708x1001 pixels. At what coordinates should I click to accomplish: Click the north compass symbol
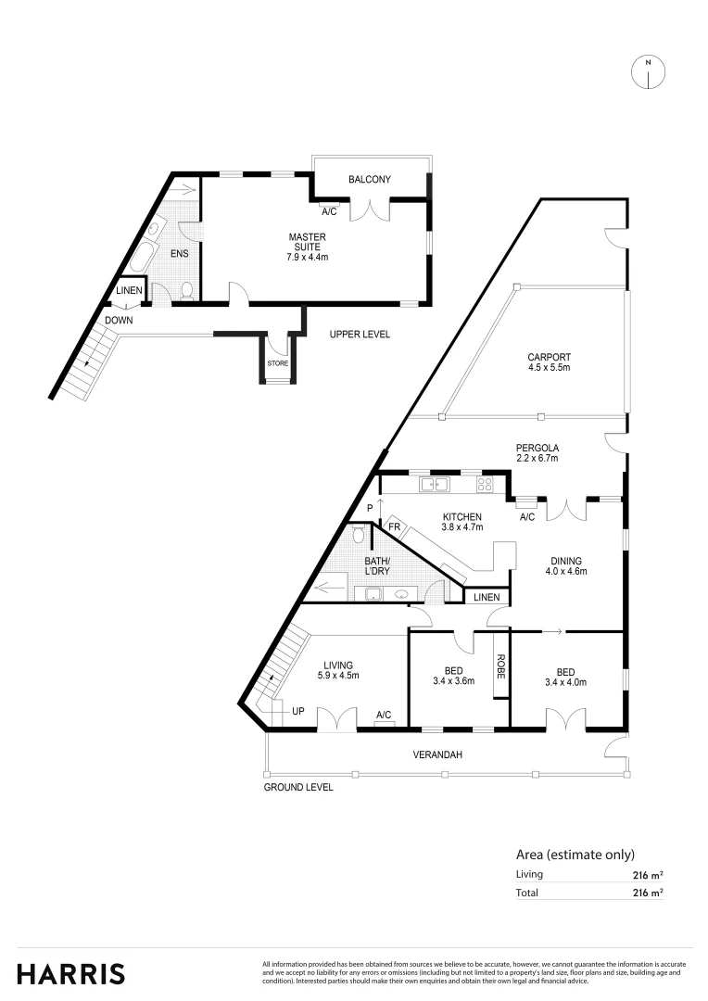tap(648, 72)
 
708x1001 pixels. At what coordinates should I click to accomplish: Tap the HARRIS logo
tap(71, 973)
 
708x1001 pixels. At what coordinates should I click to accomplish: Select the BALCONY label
tap(370, 180)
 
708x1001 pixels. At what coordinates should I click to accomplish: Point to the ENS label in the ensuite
tap(180, 252)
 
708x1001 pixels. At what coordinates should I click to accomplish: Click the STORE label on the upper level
tap(278, 363)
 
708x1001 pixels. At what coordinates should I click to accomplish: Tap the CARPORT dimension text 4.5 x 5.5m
tap(549, 368)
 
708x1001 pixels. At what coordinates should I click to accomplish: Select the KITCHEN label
tap(461, 516)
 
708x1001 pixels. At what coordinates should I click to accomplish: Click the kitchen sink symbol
tap(434, 484)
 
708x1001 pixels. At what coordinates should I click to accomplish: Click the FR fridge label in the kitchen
tap(394, 527)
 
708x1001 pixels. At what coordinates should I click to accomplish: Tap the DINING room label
tap(566, 561)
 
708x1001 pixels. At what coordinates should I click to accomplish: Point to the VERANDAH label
tap(437, 755)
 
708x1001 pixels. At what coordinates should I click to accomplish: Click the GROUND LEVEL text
tap(298, 787)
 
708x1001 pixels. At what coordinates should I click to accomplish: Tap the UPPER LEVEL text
tap(360, 335)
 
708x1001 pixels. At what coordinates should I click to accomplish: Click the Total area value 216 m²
tap(647, 893)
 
